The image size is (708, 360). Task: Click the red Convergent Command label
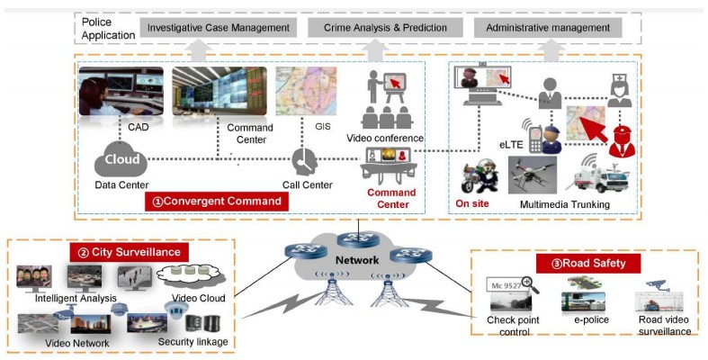click(216, 201)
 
